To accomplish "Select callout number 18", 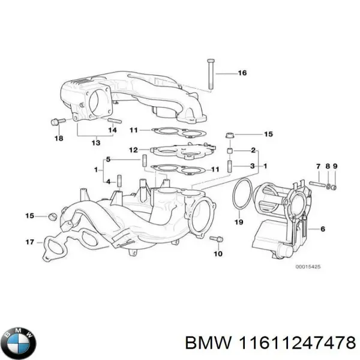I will coord(58,139).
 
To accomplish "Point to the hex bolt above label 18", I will coord(56,122).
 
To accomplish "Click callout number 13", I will coord(96,142).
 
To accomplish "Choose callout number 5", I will coord(109,160).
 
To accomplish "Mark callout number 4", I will coord(107,181).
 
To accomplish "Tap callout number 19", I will coord(238,223).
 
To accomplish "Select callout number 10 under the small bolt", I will coord(218,254).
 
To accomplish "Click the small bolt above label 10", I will coord(218,239).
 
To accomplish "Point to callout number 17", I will coord(29,242).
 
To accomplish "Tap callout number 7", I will coord(319,166).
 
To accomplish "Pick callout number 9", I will coord(335,166).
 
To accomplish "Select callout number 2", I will coord(253,149).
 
